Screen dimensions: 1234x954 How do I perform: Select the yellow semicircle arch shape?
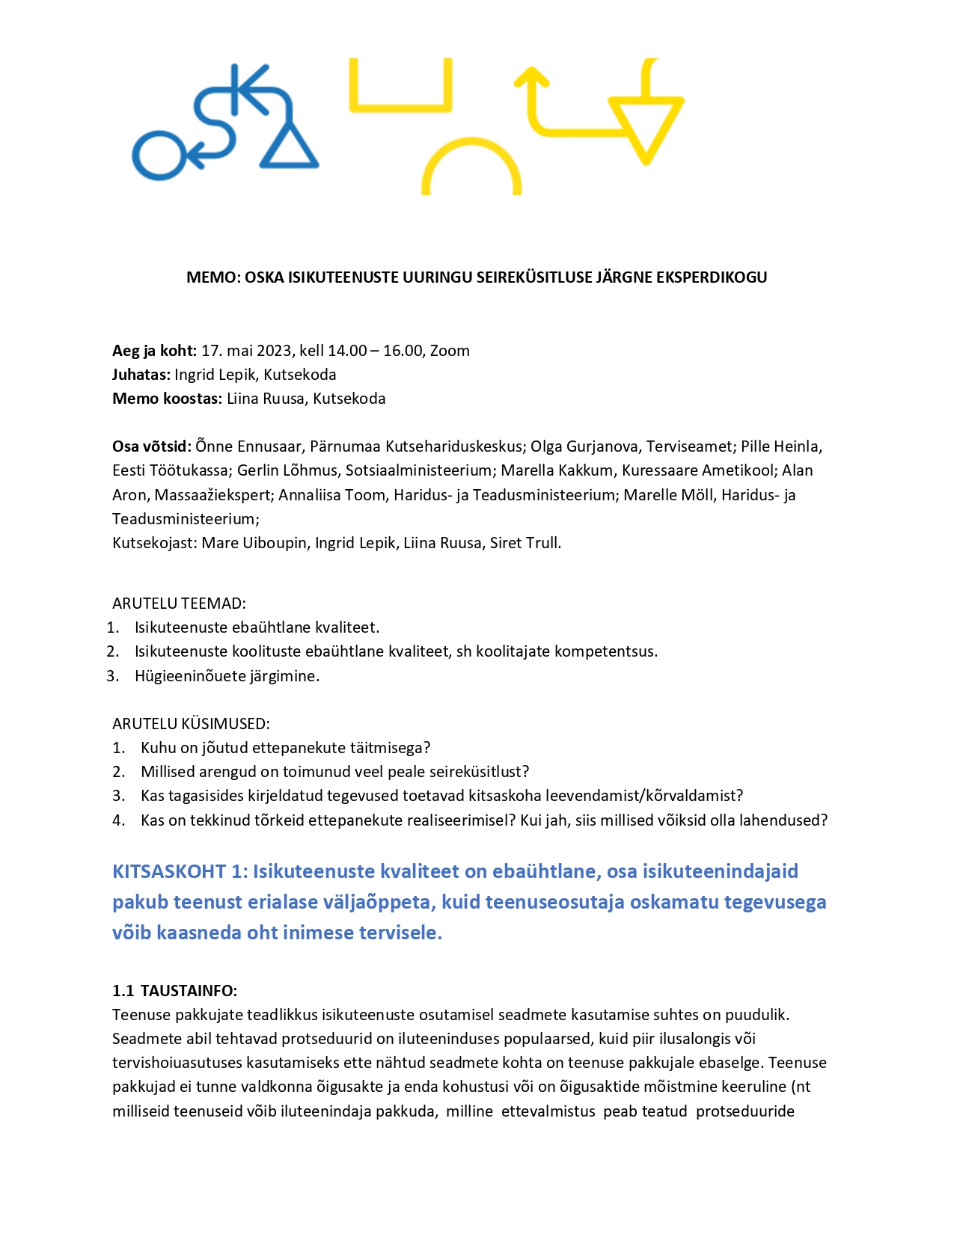[x=471, y=168]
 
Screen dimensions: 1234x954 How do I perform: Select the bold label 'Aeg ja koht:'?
[x=154, y=351]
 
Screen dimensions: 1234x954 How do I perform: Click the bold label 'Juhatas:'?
[x=141, y=375]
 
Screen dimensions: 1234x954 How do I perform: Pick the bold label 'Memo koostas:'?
[x=167, y=399]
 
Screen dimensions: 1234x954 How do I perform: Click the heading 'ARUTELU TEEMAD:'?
[x=179, y=604]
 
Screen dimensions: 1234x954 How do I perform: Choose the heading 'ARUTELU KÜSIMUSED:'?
[x=191, y=724]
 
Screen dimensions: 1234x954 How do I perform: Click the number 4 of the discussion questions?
[x=117, y=820]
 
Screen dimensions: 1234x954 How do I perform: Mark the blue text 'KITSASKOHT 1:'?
[x=180, y=872]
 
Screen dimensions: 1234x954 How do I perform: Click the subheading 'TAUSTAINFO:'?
[x=189, y=991]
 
